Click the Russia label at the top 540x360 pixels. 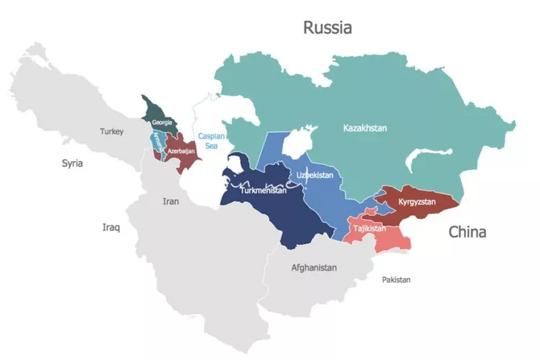(x=327, y=28)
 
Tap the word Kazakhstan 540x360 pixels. (x=365, y=128)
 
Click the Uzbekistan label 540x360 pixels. (x=315, y=175)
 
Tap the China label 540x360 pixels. (x=467, y=233)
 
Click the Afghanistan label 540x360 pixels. (x=314, y=267)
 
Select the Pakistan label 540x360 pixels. (x=396, y=279)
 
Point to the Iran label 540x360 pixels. (x=171, y=201)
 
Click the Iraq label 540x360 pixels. (x=110, y=227)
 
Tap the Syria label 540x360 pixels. (x=73, y=163)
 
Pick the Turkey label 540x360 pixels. (x=112, y=130)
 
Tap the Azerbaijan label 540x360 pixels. (x=181, y=151)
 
